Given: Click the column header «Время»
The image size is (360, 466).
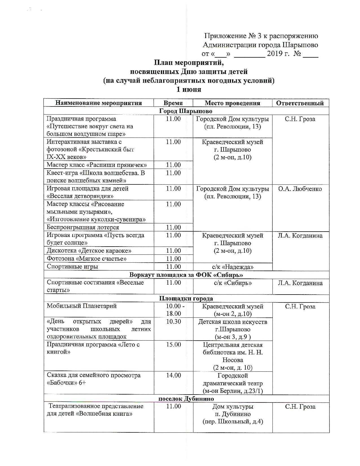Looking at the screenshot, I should (173, 103).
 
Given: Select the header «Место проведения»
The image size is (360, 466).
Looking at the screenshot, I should (232, 103).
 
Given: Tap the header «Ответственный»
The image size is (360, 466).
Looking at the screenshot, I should (300, 103).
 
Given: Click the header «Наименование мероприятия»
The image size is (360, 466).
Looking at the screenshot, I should (99, 103).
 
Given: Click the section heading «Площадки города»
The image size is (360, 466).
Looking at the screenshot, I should (186, 299).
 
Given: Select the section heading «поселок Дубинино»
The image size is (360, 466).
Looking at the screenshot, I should (186, 399).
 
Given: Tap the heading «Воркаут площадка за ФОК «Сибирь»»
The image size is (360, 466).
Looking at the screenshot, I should (186, 275).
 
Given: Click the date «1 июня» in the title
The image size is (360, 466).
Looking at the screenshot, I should (189, 90).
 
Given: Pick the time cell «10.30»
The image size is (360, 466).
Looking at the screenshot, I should (173, 321).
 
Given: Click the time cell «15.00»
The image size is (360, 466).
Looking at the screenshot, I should (173, 345).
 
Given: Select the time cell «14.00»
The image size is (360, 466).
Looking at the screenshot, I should (173, 375).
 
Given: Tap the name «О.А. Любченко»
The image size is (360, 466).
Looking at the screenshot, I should (300, 189).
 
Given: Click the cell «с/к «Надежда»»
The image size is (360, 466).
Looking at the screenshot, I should (233, 267).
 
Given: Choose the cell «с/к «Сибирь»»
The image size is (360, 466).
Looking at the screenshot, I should (233, 283).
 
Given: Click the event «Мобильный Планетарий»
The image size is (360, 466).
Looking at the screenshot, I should (82, 306).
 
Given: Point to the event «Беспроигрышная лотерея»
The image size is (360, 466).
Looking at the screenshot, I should (83, 227).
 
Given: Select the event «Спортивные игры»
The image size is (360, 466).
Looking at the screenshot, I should (72, 267).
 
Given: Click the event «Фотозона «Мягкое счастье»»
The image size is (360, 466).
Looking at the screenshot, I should (86, 259).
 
